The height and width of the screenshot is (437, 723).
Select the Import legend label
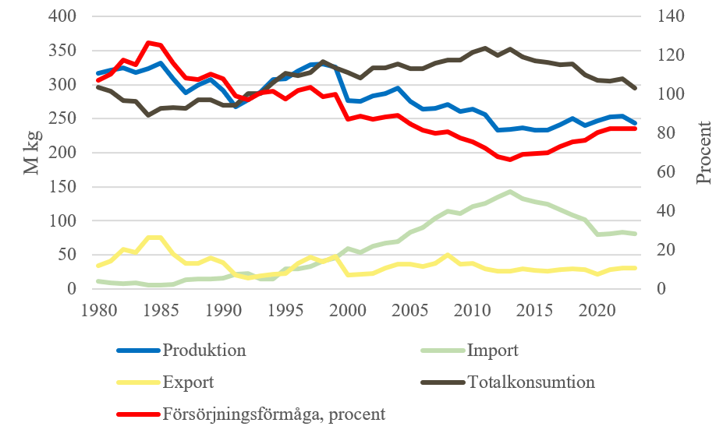point(491,350)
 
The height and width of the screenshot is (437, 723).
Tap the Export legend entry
point(188,382)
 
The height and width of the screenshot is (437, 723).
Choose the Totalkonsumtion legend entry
point(530,382)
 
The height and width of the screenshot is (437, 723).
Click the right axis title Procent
point(704,153)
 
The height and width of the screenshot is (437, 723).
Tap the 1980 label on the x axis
point(97,308)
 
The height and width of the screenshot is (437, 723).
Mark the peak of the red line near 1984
point(148,43)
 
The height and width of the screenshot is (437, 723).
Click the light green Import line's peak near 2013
point(510,192)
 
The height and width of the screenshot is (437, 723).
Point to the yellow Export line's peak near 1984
point(148,238)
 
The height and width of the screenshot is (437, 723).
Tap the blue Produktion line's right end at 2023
point(634,123)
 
